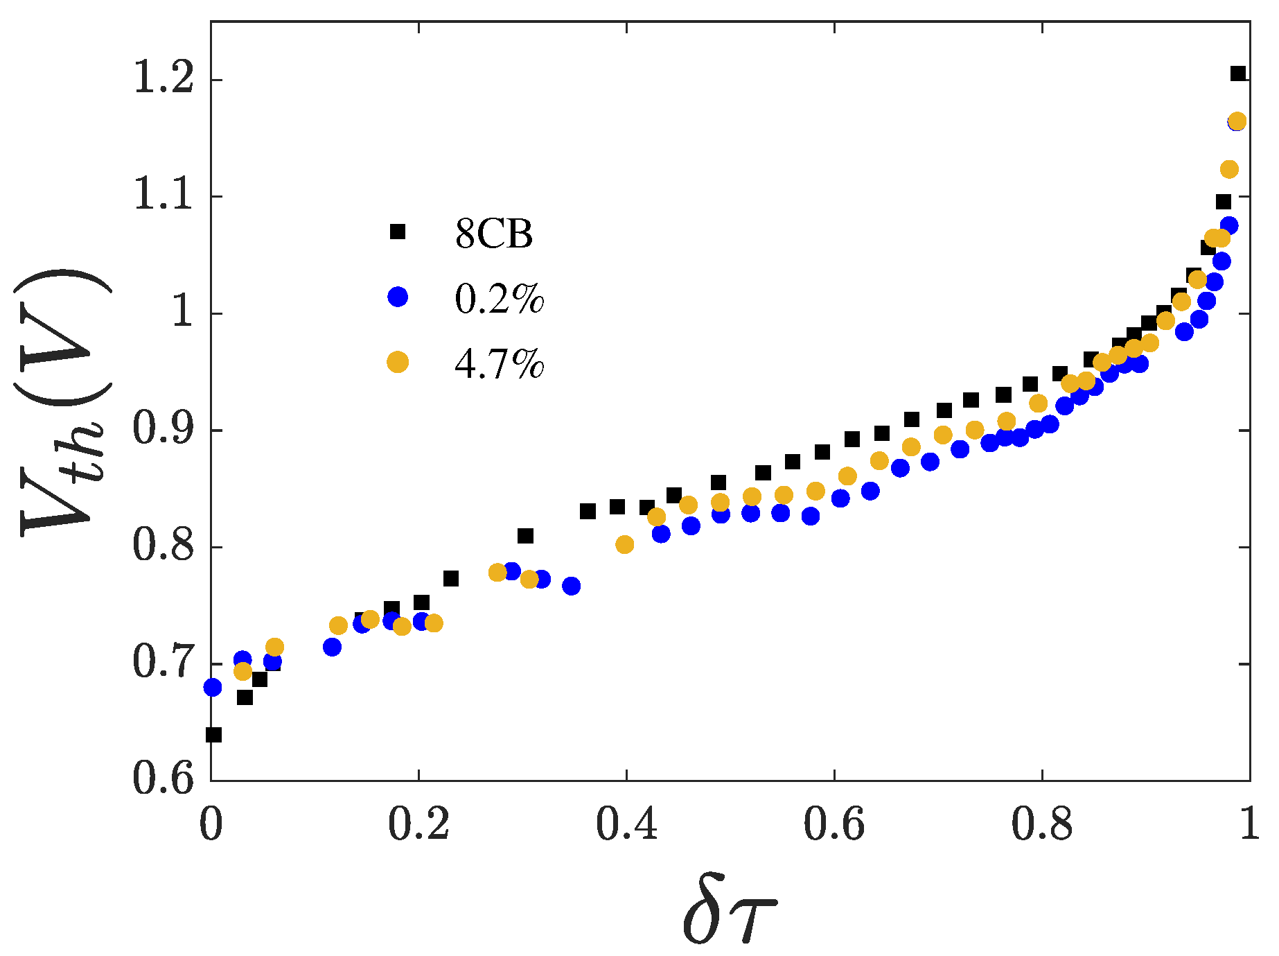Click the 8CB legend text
pos(494,234)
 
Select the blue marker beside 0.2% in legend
pos(398,297)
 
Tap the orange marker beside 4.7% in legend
pos(398,361)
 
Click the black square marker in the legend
pos(397,232)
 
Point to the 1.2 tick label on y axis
pos(163,79)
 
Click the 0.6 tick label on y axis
pos(163,780)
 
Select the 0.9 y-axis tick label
pos(163,430)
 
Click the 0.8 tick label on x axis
pos(1041,825)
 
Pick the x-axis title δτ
pos(730,917)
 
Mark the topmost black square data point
pos(1237,73)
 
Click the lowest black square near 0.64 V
pos(214,734)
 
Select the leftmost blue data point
pos(213,687)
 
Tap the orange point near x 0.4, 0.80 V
pos(624,544)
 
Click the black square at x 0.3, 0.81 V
pos(525,536)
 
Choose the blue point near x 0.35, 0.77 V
pos(571,586)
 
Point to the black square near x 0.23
pos(451,578)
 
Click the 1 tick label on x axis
pos(1249,825)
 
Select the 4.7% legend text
pos(499,363)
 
